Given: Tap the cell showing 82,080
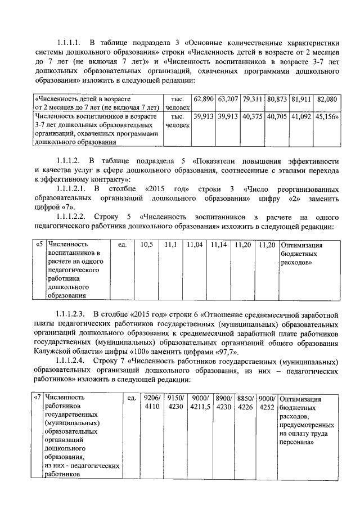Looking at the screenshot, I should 327,99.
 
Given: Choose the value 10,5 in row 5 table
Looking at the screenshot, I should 147,245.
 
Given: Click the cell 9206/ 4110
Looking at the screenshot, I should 152,403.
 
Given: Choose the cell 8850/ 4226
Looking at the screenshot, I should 245,403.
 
